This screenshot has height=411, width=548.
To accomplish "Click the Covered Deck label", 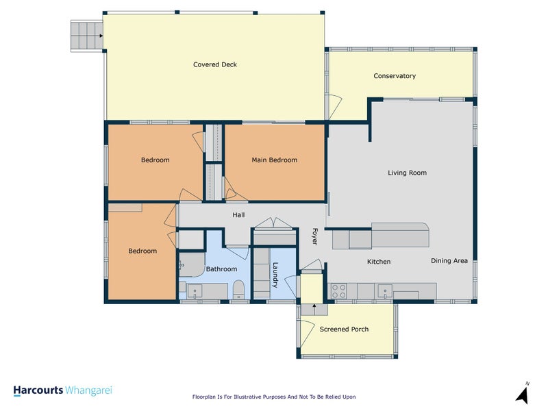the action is (215, 64).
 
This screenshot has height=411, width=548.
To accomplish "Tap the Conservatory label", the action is (395, 76).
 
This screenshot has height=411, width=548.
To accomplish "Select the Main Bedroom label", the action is (275, 160).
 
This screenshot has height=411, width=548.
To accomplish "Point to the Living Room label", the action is (407, 173).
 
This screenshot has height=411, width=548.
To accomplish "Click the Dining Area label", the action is (449, 261).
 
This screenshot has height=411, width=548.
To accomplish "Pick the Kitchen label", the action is (379, 262).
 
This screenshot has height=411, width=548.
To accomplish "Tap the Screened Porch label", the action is (345, 329).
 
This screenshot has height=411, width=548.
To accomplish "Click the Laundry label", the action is (275, 275).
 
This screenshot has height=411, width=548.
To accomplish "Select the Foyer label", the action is (314, 236).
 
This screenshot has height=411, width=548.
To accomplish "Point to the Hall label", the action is (238, 215).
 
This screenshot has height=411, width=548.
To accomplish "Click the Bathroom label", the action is (221, 269).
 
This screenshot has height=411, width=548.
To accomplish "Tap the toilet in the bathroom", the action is (238, 289).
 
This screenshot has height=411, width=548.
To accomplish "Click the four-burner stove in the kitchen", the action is (338, 291).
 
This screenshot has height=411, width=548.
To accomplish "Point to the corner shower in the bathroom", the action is (192, 264).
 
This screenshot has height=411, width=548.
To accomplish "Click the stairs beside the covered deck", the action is (87, 36).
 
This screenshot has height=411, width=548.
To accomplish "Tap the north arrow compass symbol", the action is (523, 393).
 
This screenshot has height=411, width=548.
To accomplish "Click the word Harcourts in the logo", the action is (38, 390).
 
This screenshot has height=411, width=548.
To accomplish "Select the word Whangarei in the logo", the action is (89, 390).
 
